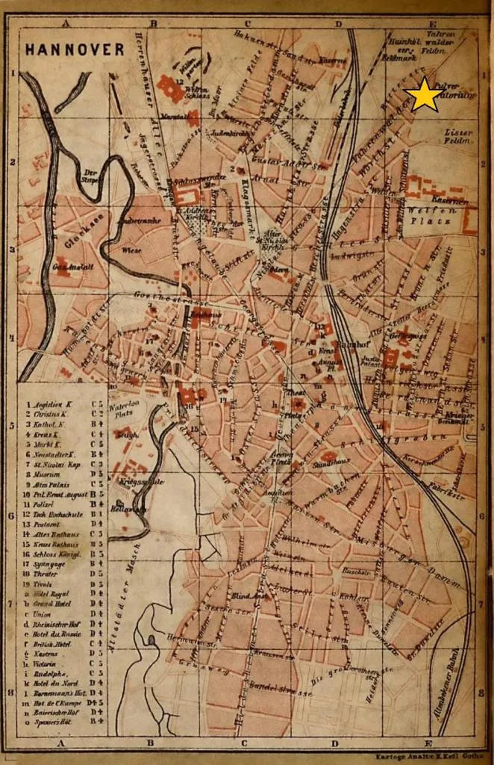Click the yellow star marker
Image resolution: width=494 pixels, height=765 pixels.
pyautogui.click(x=424, y=95)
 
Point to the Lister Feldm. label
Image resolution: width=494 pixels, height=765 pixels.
pyautogui.click(x=458, y=136)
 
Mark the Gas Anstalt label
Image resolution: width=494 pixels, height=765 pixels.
pyautogui.click(x=66, y=267)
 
